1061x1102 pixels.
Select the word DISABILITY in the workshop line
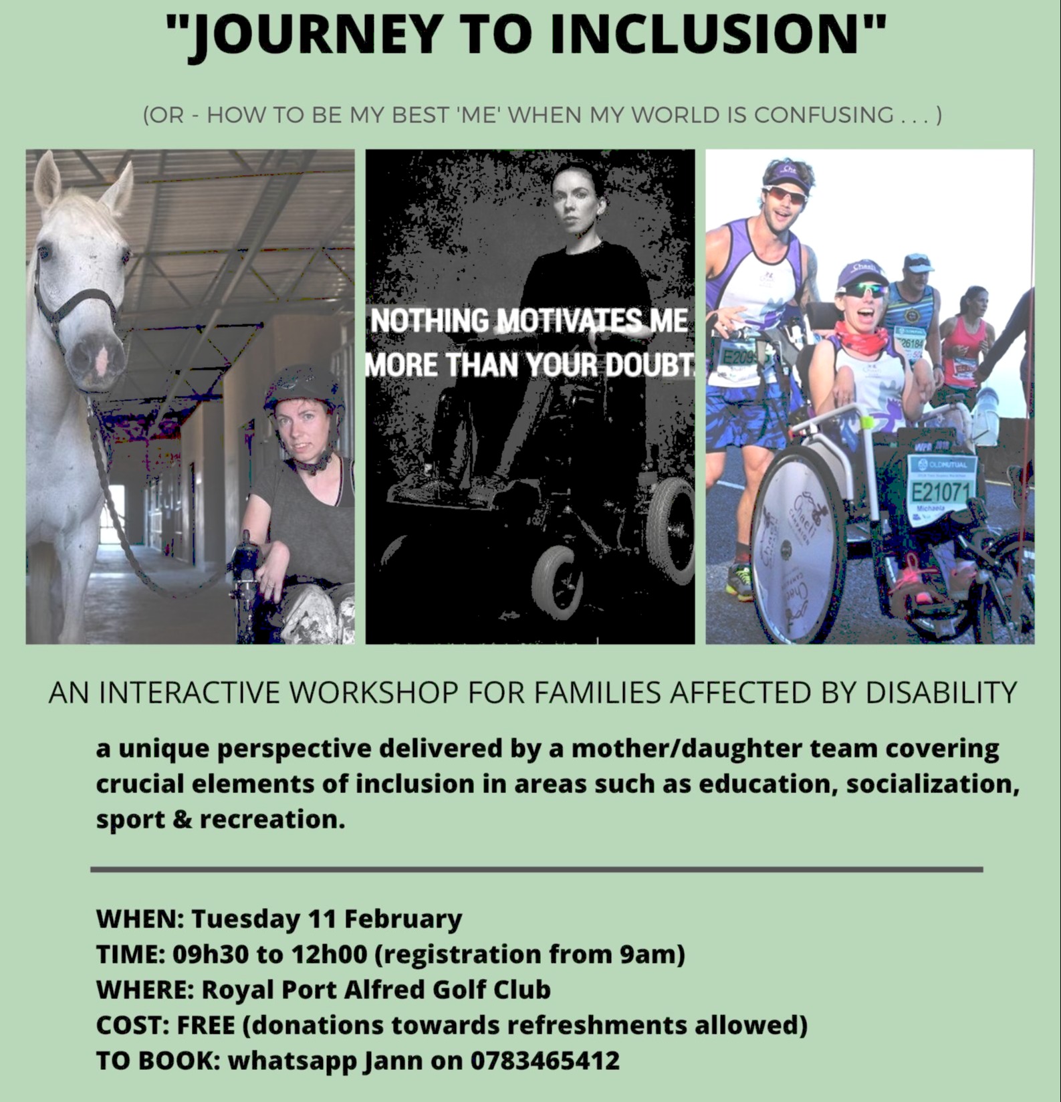point(941,693)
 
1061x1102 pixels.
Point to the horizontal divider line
point(536,869)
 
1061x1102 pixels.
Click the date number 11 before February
point(322,919)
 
